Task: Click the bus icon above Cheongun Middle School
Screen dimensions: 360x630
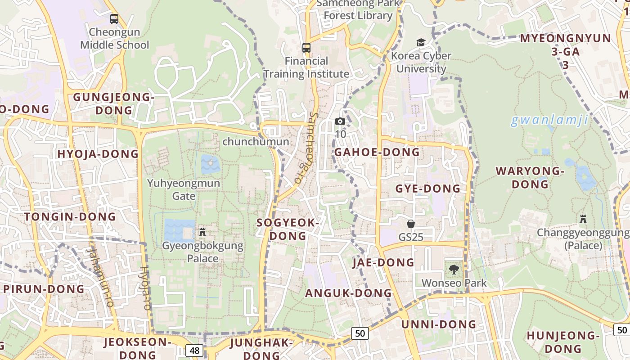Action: tap(114, 19)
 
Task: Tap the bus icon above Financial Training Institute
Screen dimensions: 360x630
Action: tap(306, 47)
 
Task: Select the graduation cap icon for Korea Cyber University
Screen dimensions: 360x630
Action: tap(421, 42)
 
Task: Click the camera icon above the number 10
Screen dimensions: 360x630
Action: tap(340, 121)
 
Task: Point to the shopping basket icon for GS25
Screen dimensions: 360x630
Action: tap(411, 223)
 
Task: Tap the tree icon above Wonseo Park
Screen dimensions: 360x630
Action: tap(454, 270)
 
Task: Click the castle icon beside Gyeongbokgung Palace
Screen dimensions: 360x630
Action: tap(202, 232)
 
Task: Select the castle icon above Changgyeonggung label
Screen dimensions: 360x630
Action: tap(583, 219)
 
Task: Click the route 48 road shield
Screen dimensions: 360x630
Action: tap(194, 351)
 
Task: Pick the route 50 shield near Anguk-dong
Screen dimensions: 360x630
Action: tap(360, 333)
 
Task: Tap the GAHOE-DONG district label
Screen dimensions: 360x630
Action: tap(377, 152)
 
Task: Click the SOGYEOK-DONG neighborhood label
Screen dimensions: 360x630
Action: tap(288, 229)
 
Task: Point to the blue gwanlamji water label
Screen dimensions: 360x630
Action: tap(549, 120)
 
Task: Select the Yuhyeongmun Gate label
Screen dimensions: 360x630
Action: tap(184, 189)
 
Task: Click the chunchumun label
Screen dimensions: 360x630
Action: tap(256, 142)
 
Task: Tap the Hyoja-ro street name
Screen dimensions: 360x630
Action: tap(145, 288)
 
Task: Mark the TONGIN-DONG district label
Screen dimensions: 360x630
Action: tap(70, 217)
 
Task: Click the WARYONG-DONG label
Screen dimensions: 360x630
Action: tap(530, 177)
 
